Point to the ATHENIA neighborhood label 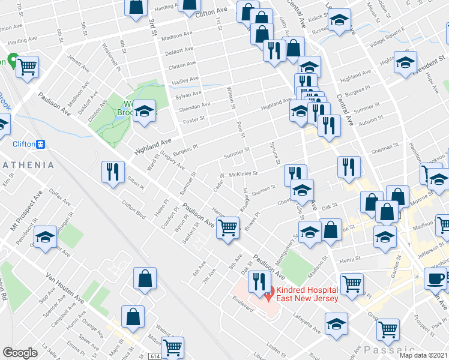(x=27, y=164)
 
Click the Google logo (x=20, y=353)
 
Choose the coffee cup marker (x=435, y=278)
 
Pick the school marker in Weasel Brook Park (x=144, y=111)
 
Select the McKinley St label (x=247, y=174)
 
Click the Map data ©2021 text (x=424, y=355)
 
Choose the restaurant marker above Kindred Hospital (x=259, y=280)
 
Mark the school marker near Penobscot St (x=46, y=238)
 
